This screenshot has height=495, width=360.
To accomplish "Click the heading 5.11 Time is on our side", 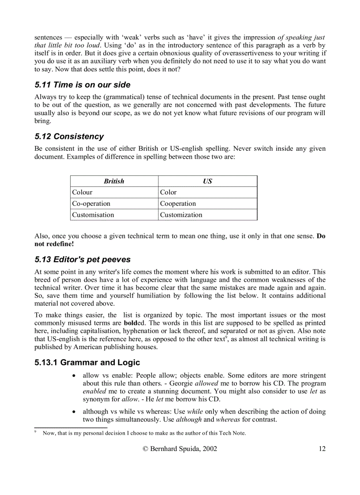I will coord(82,85).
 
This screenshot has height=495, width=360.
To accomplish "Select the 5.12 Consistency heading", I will coord(69,136).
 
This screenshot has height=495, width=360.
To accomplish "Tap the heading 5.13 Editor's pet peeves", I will coord(82,259).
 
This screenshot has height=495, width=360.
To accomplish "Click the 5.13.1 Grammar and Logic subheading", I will coord(87,362).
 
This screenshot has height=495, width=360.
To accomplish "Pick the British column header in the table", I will coord(114,181).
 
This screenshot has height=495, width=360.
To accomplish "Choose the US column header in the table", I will coord(207,181).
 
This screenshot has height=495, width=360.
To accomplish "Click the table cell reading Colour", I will coord(82,192).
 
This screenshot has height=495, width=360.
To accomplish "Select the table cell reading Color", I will coord(168,192).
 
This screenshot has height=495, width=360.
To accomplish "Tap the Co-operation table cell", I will coord(91,204).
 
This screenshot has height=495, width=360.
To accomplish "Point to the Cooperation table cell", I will coord(178,204).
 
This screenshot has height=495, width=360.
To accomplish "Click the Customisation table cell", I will coord(93,215).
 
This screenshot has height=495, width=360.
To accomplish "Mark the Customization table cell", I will coord(181,215).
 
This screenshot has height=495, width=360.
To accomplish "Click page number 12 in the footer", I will coord(322,449).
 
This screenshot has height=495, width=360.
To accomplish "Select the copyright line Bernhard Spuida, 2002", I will coord(180,449).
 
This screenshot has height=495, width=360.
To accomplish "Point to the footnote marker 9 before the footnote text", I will coord(35,432).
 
